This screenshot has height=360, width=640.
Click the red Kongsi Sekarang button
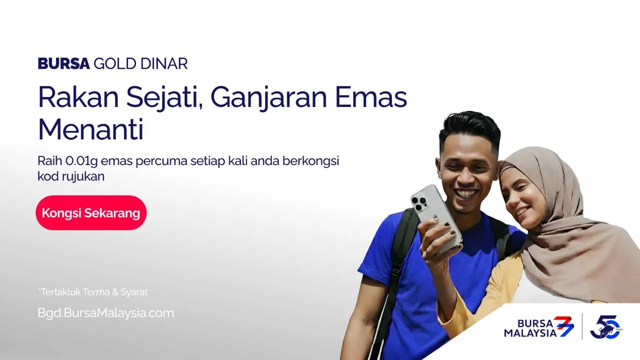91,213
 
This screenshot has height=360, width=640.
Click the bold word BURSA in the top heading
63,63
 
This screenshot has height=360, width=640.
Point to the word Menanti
90,129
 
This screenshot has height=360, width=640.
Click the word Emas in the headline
371,97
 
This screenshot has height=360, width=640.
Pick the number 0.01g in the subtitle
81,161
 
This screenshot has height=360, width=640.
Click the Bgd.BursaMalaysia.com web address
105,313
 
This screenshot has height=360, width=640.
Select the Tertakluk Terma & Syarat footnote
93,292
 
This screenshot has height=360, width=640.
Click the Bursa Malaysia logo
539,327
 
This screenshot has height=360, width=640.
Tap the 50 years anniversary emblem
605,327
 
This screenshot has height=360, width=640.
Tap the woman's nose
509,196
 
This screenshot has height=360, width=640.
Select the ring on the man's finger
428,251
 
